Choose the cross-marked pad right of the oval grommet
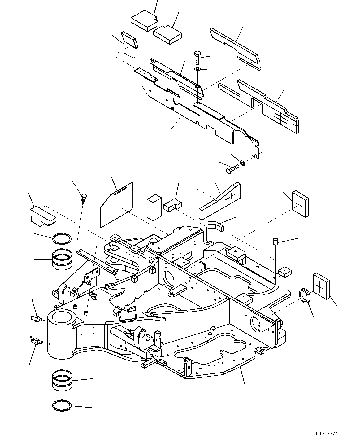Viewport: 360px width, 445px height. click(321, 286)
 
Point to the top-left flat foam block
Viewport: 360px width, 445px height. click(144, 20)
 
